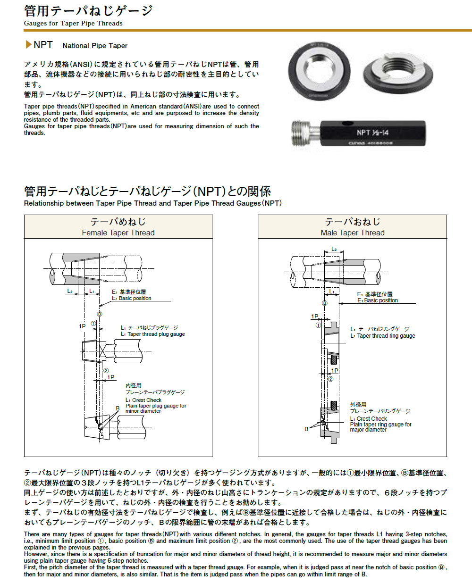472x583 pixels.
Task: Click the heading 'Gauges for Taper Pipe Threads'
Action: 73,23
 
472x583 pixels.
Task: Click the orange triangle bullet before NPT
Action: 28,45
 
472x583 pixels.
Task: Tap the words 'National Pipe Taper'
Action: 95,46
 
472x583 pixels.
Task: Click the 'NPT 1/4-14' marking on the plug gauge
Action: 372,133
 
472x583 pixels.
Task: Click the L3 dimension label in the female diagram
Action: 70,291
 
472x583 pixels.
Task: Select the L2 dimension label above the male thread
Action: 334,249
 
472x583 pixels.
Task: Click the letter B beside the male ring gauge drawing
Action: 306,429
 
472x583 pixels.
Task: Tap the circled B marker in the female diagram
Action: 100,314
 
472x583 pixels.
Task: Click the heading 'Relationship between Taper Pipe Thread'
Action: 152,203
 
